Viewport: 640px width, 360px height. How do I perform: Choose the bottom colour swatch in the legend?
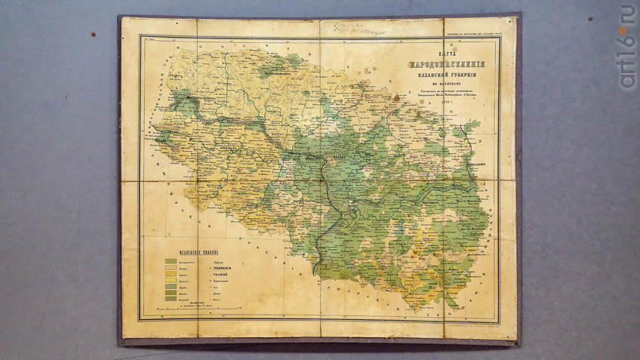(171, 299)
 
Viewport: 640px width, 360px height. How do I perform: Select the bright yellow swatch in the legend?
(171, 281)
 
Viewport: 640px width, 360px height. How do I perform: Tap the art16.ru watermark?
(626, 45)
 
